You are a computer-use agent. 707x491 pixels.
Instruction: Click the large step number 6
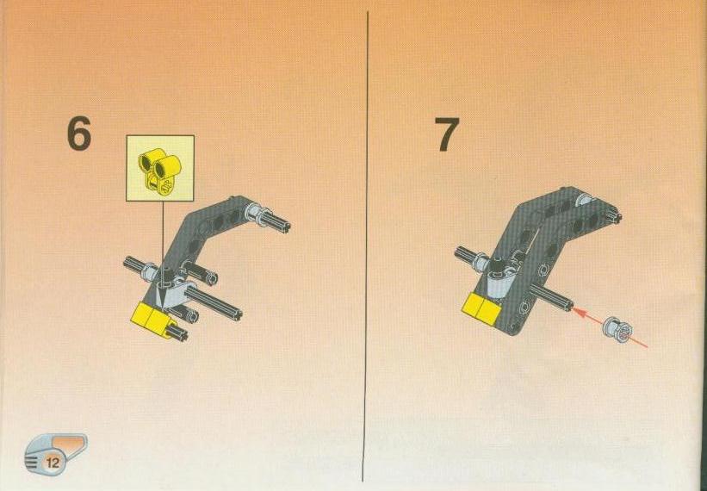point(79,134)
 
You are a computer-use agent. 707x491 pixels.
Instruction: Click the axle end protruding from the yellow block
point(177,333)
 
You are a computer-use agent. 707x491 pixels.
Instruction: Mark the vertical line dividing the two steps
point(367,246)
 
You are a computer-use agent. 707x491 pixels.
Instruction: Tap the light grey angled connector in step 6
point(173,293)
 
